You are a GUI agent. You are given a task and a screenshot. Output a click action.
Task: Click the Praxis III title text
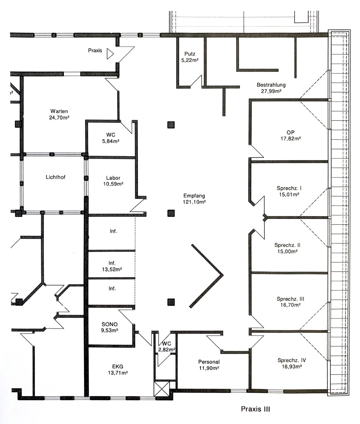(255, 409)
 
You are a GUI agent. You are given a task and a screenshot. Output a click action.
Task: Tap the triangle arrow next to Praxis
(110, 54)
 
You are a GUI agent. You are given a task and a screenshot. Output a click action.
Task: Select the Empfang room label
(194, 196)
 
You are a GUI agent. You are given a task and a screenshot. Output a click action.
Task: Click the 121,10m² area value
(194, 202)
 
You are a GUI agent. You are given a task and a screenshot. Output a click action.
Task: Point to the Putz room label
(190, 54)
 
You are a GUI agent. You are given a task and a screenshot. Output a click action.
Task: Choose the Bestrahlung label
(271, 85)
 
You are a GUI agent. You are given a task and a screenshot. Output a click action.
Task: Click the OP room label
(290, 132)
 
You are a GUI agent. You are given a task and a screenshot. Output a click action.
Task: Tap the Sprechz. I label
(289, 188)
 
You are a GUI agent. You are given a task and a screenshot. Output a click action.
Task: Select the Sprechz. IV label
(292, 360)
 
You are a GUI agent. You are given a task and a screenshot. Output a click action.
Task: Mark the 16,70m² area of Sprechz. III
(290, 305)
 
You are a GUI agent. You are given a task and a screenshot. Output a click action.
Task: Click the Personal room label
(209, 362)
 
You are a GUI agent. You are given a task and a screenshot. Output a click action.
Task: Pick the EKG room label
(118, 366)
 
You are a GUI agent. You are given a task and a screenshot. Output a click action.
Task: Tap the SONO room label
(110, 324)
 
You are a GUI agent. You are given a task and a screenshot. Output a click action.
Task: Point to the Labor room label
(113, 178)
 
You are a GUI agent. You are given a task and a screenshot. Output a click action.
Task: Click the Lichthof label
(55, 177)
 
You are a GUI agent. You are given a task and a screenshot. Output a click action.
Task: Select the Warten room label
(59, 111)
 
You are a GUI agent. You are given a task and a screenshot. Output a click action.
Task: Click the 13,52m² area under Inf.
(112, 269)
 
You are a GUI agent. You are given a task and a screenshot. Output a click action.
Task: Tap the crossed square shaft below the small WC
(162, 389)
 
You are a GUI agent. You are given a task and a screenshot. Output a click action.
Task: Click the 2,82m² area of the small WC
(167, 349)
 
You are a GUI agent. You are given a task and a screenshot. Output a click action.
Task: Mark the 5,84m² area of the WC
(110, 141)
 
